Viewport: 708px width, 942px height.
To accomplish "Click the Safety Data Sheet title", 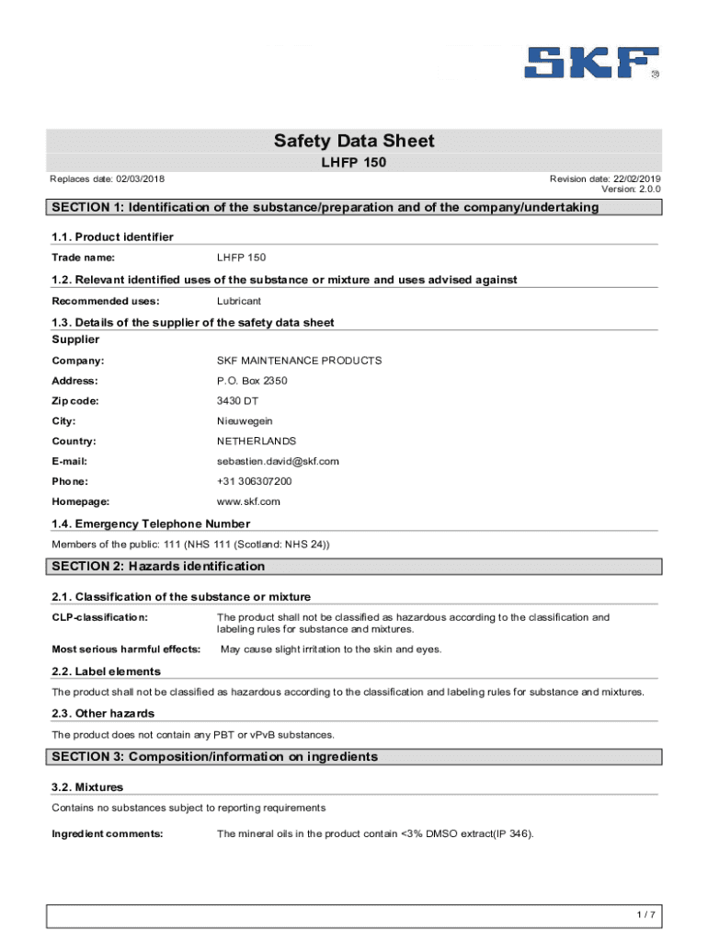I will click(354, 141).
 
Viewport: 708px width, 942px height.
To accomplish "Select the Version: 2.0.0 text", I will click(631, 189).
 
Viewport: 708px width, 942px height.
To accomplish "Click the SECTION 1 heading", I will click(325, 207).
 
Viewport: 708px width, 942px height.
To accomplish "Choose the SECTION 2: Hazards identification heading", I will click(158, 566).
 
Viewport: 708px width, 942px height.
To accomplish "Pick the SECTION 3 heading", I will click(215, 756).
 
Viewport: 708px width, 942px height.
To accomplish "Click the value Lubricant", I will click(239, 301).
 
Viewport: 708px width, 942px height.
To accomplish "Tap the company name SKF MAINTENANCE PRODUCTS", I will click(299, 361).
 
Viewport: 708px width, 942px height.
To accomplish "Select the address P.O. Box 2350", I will click(251, 381).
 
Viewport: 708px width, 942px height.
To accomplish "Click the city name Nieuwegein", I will click(245, 421).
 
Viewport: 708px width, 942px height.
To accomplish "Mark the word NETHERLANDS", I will click(257, 442).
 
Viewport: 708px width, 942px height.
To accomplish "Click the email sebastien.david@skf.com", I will click(278, 462).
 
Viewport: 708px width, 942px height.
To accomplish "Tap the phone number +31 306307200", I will click(254, 481).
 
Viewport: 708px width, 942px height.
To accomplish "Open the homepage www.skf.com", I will click(248, 501).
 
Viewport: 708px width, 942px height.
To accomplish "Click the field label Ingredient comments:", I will click(108, 833).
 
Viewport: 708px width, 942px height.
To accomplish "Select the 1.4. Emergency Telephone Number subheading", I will click(151, 523).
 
